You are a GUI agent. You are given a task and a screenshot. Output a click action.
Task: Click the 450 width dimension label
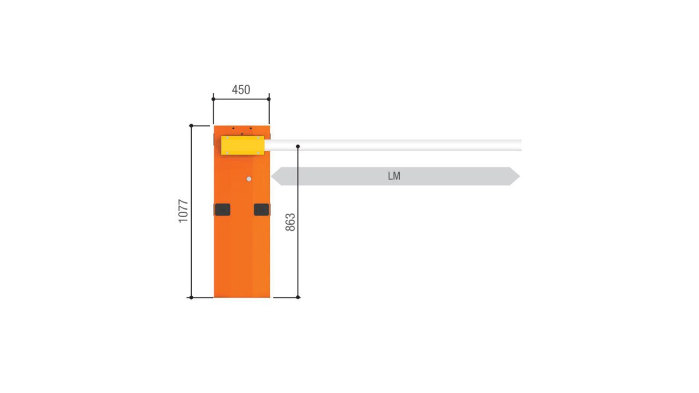tap(241, 90)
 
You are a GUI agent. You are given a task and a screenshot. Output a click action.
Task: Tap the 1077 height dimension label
tap(183, 211)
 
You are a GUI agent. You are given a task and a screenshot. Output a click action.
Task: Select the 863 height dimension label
tap(290, 222)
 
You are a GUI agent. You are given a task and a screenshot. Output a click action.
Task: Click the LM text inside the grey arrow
tap(394, 176)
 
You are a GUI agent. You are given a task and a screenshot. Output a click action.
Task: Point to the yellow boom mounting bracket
tap(242, 145)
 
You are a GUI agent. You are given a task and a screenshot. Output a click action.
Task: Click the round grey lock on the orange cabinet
tap(248, 179)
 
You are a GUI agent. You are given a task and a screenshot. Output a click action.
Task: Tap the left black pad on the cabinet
tap(222, 210)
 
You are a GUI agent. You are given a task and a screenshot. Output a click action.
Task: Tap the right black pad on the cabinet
tap(262, 210)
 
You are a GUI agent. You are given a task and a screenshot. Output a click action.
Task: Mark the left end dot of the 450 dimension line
tap(214, 99)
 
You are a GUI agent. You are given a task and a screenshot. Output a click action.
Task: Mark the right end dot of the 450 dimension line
tap(269, 99)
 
